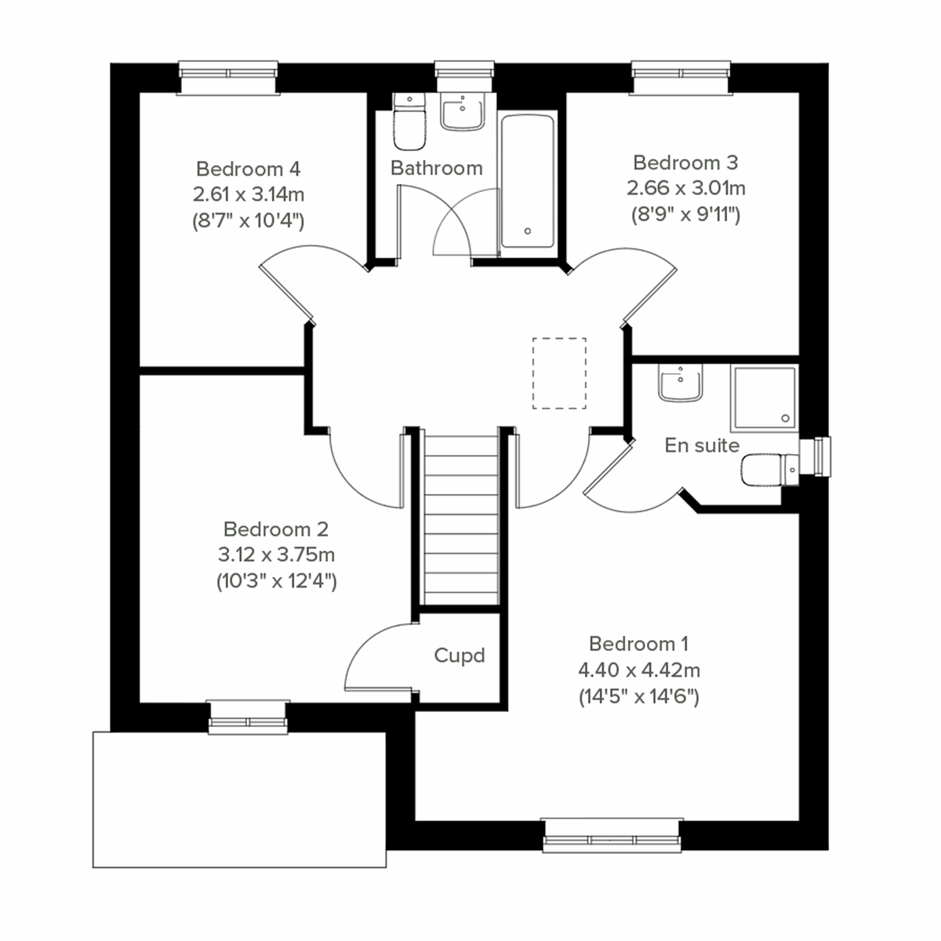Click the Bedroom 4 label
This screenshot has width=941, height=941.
click(x=248, y=169)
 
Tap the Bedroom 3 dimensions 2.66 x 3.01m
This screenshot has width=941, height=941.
click(x=685, y=188)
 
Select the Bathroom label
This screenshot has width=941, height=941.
click(x=436, y=168)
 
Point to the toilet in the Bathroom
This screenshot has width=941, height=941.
click(x=409, y=125)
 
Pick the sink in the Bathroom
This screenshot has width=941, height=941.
click(x=463, y=113)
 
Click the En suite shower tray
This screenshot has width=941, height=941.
click(x=764, y=398)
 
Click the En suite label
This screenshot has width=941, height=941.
click(x=702, y=445)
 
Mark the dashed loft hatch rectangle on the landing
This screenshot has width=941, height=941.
click(x=559, y=373)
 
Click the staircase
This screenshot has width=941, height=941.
click(x=461, y=518)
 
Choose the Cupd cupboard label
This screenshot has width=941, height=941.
click(x=460, y=656)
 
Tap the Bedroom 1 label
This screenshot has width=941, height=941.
click(x=638, y=644)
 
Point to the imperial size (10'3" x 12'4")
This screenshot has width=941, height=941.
click(x=276, y=581)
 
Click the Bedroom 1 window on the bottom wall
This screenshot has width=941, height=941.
click(x=612, y=835)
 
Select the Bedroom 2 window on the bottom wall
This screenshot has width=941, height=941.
click(x=249, y=718)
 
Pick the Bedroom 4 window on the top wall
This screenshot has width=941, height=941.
click(x=228, y=77)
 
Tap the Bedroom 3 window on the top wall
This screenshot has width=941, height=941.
click(x=681, y=77)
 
